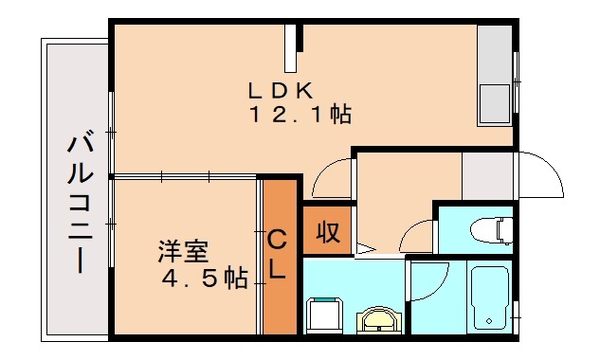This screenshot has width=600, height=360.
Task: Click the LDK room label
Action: point(280,91)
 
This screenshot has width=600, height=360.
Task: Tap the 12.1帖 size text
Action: point(300,116)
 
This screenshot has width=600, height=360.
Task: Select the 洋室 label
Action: point(183,253)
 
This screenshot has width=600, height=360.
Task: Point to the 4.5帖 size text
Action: point(204,279)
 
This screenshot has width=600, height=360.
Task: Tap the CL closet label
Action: point(277,254)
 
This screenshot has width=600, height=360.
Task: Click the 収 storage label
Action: point(328,231)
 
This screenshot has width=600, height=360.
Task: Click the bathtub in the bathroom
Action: point(490,297)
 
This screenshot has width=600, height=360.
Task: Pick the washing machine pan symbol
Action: point(328,315)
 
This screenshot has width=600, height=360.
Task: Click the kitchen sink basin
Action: point(494,101)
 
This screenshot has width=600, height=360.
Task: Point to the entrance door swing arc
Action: point(537,173)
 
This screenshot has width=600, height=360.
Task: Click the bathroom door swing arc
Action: point(428,281)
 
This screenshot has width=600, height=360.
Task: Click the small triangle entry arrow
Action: point(365,250)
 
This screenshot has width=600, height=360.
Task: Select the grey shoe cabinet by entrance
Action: point(486,175)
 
